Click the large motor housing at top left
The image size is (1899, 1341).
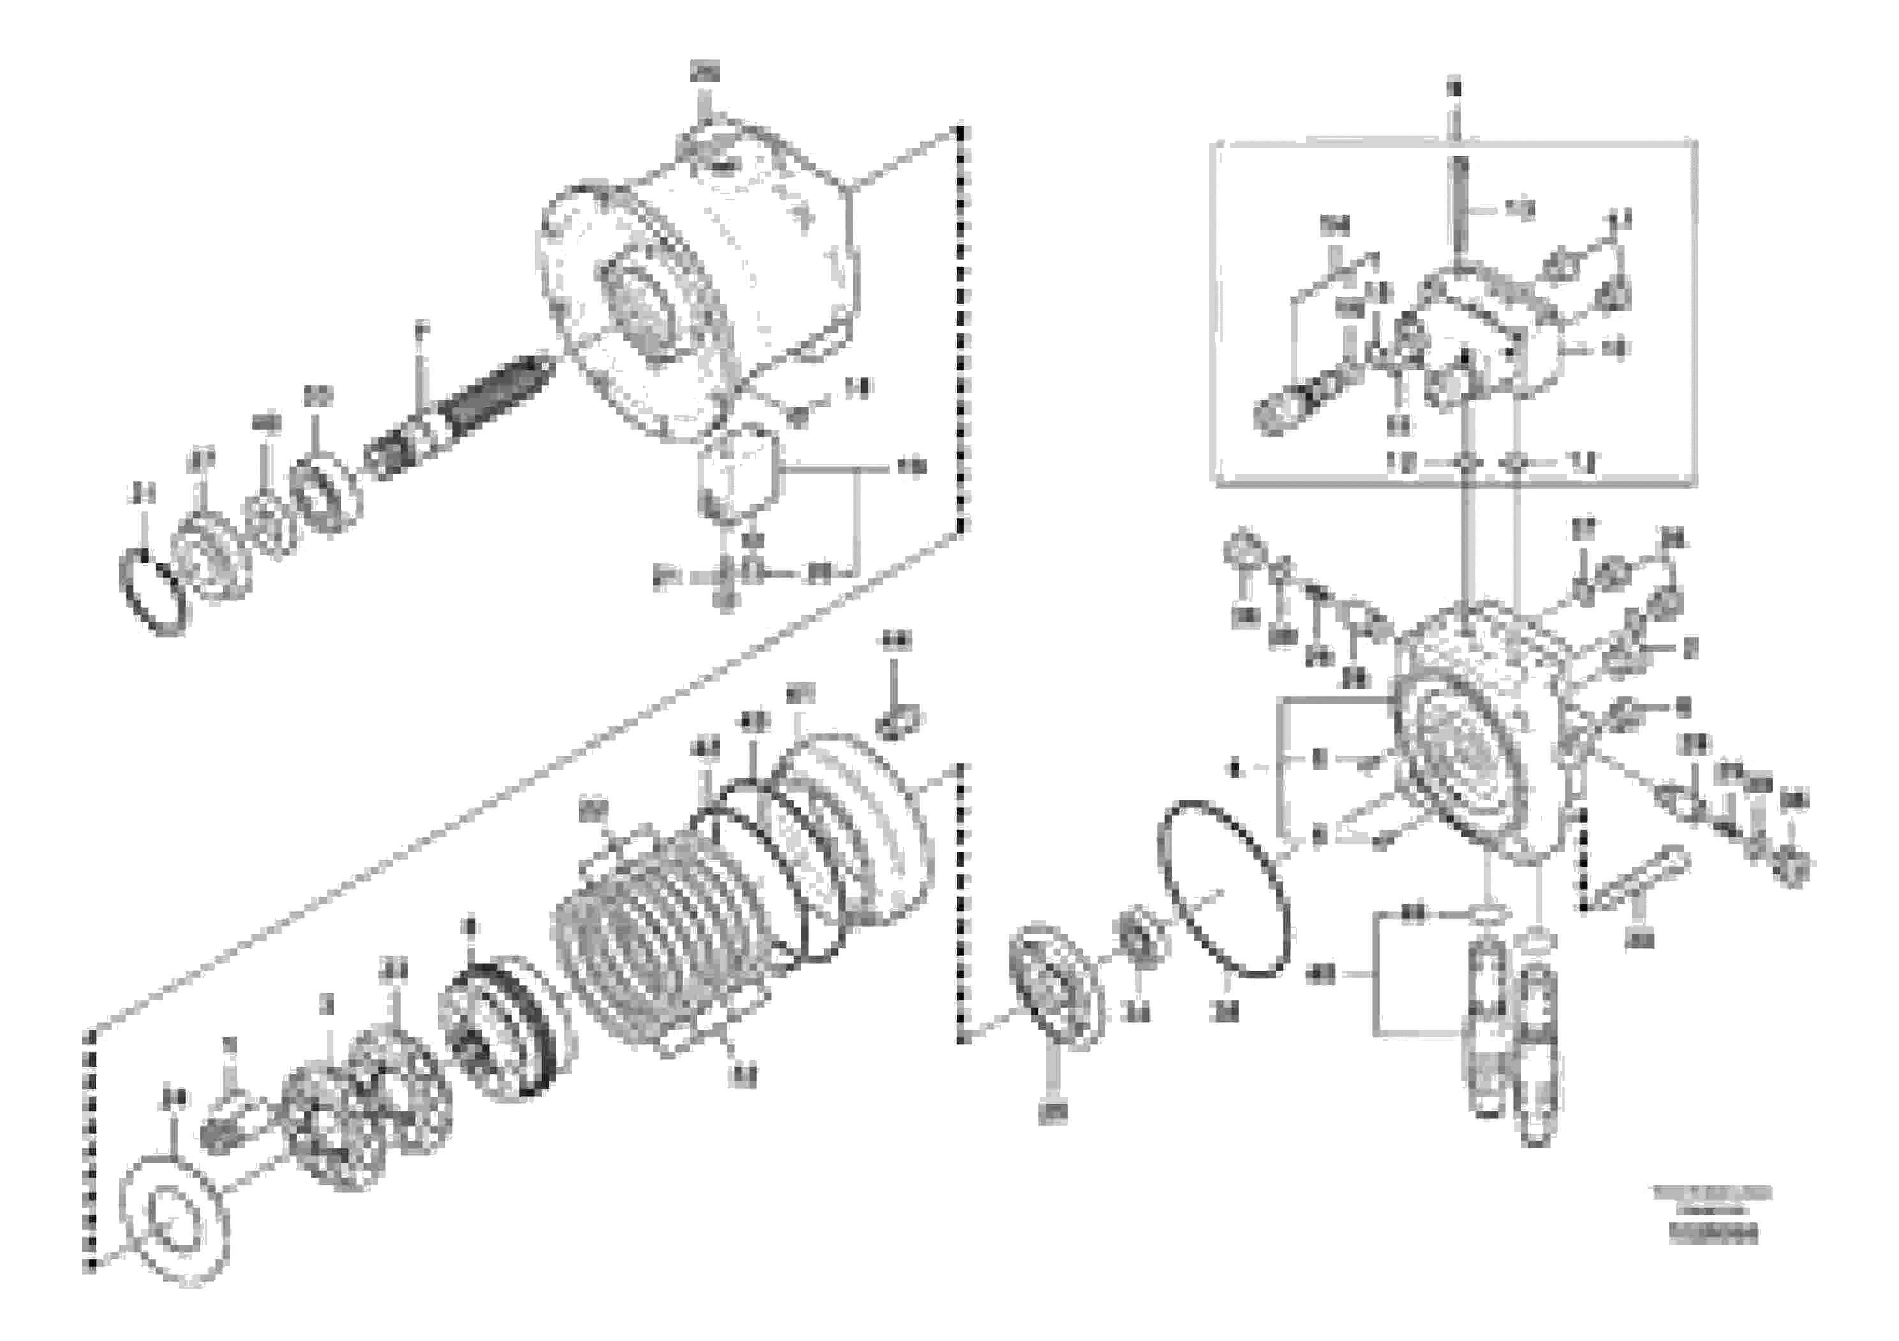(x=703, y=281)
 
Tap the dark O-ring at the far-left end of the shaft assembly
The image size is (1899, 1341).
(x=154, y=594)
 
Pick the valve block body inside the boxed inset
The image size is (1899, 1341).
(x=1489, y=331)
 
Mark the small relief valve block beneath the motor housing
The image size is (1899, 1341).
(x=738, y=474)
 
